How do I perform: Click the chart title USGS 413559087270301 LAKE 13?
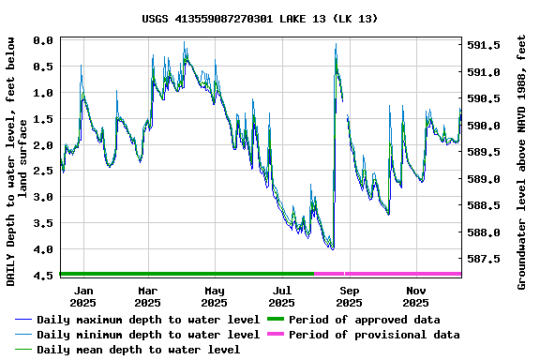click(261, 18)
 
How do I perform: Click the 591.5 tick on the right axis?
click(484, 45)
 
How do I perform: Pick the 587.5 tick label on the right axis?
click(484, 259)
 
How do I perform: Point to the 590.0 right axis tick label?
click(484, 126)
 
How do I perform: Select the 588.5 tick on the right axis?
click(484, 205)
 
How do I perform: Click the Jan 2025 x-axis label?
click(82, 296)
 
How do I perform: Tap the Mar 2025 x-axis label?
click(147, 296)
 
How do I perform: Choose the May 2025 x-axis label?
click(215, 296)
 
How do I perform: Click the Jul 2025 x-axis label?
click(281, 296)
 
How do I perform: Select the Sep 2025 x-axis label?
click(349, 296)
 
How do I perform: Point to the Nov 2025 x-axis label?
click(416, 296)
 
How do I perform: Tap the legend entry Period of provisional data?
click(374, 335)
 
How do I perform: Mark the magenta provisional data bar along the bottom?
click(388, 274)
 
